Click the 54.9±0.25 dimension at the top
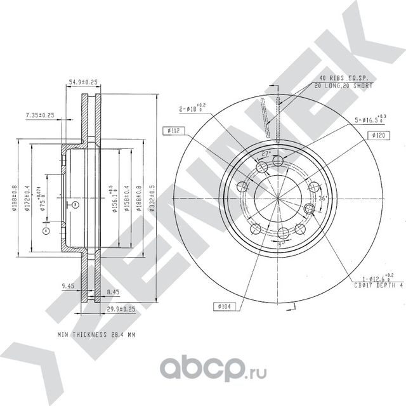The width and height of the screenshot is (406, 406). [x=82, y=82]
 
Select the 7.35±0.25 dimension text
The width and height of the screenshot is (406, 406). [x=39, y=115]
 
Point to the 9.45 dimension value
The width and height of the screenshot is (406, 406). [x=69, y=286]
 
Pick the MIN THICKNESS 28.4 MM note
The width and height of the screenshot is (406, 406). [x=96, y=333]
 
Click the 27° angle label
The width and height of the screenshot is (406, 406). [x=266, y=154]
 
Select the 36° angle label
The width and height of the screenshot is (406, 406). [x=322, y=199]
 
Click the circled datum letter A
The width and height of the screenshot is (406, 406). [x=45, y=231]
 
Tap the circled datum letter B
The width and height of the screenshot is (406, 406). [x=74, y=204]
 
